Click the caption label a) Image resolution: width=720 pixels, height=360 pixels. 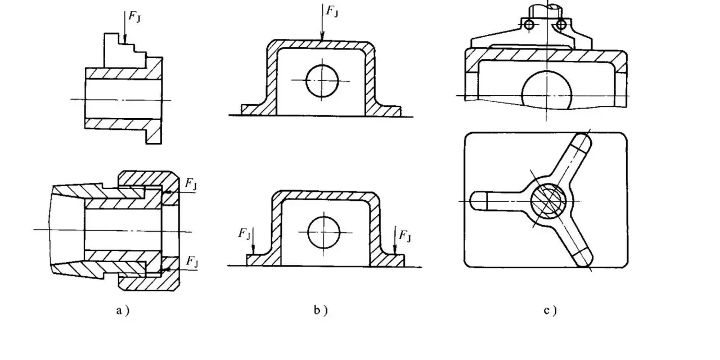tap(123, 310)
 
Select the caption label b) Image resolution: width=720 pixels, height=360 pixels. tap(321, 310)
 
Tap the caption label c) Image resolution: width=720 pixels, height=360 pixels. tap(550, 310)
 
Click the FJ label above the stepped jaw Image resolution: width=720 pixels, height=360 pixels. tap(134, 17)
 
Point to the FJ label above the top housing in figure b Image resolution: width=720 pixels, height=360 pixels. tap(332, 11)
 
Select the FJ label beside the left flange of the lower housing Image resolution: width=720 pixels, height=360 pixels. tap(244, 233)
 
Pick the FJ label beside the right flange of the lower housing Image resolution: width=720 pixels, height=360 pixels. tap(404, 236)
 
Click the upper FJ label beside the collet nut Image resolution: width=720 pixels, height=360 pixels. tap(191, 183)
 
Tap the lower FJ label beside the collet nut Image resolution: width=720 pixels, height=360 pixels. tap(192, 262)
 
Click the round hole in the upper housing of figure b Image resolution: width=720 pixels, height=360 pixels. tap(322, 80)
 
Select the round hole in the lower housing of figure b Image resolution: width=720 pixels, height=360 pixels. tap(323, 232)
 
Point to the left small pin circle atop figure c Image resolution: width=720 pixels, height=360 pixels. tap(529, 24)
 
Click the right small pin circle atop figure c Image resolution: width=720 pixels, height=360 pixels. tap(561, 24)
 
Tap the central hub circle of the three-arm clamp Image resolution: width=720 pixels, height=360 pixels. tap(548, 200)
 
